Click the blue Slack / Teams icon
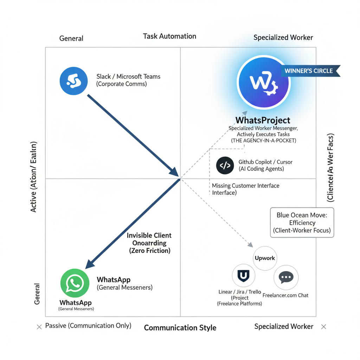pyautogui.click(x=73, y=81)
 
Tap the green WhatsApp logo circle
pyautogui.click(x=75, y=283)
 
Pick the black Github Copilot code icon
pyautogui.click(x=225, y=165)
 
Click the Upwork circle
pyautogui.click(x=265, y=258)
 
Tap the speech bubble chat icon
pyautogui.click(x=286, y=277)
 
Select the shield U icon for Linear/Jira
pyautogui.click(x=244, y=276)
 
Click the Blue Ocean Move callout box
pyautogui.click(x=302, y=223)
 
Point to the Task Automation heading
pyautogui.click(x=169, y=36)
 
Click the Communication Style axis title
pyautogui.click(x=180, y=328)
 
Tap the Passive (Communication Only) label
pyautogui.click(x=88, y=326)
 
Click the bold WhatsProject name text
pyautogui.click(x=263, y=120)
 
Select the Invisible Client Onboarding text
pyautogui.click(x=149, y=243)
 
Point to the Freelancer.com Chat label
pyautogui.click(x=285, y=295)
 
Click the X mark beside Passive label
pyautogui.click(x=39, y=327)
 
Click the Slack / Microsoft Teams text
pyautogui.click(x=128, y=77)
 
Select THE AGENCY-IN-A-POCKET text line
pyautogui.click(x=263, y=141)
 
